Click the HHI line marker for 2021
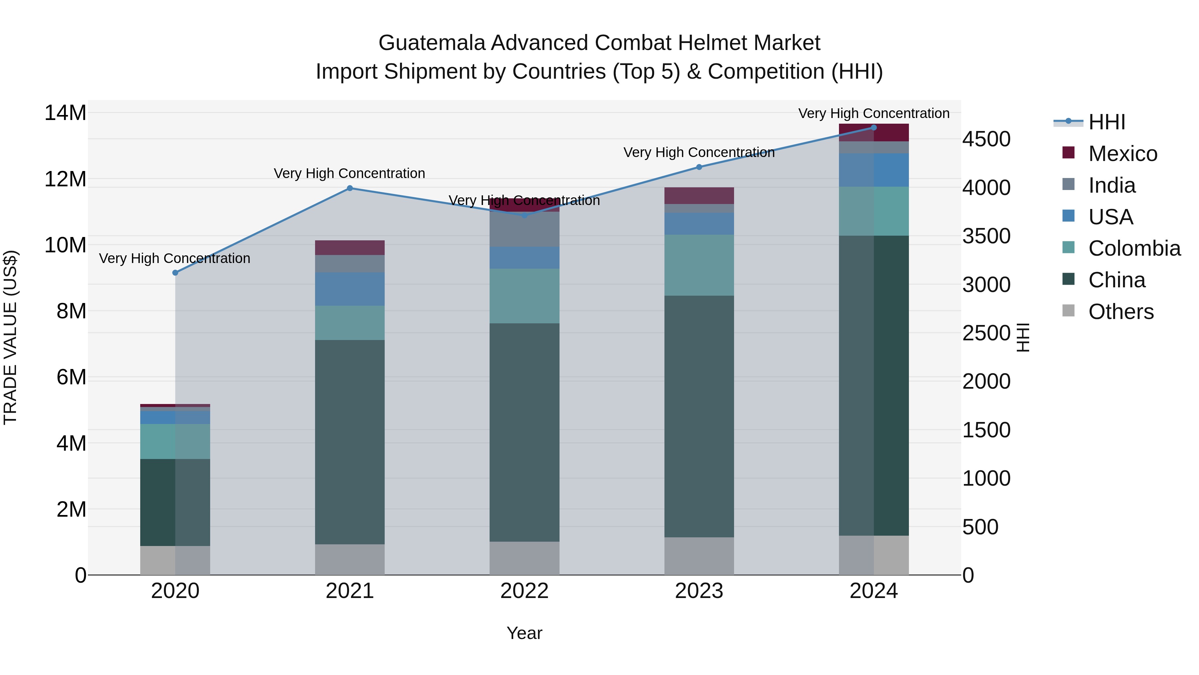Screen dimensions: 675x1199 point(350,188)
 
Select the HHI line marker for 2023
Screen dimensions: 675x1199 point(699,167)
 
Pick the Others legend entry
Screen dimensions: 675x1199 point(1120,312)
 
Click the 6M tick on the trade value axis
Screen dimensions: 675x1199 point(71,377)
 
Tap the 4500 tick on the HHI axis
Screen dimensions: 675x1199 point(986,139)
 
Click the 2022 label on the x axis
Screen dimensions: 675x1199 point(524,591)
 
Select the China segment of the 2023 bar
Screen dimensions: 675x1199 point(699,416)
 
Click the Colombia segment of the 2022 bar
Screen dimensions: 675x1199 point(524,296)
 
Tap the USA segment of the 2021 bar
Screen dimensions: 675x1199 point(350,289)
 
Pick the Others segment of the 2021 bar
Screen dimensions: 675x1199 point(350,559)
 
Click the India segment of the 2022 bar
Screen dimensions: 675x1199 point(524,230)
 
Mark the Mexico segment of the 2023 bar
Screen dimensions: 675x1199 point(699,195)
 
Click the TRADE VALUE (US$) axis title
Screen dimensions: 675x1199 point(10,337)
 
